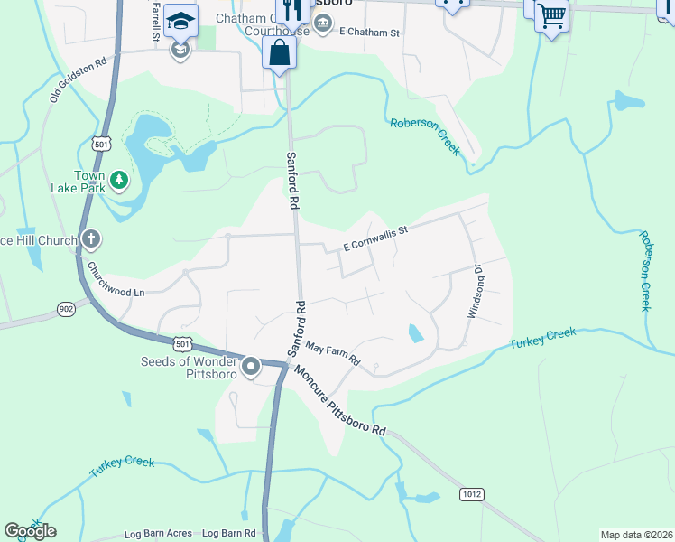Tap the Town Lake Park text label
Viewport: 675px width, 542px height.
89,182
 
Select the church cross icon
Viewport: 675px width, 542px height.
90,239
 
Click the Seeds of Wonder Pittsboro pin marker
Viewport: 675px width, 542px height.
251,367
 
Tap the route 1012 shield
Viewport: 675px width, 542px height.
470,493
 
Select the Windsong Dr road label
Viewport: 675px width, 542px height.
475,291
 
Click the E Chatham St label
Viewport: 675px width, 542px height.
368,33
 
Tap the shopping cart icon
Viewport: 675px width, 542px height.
550,15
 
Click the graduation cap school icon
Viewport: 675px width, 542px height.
181,21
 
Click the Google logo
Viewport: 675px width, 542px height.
31,531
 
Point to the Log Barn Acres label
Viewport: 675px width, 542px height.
158,534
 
